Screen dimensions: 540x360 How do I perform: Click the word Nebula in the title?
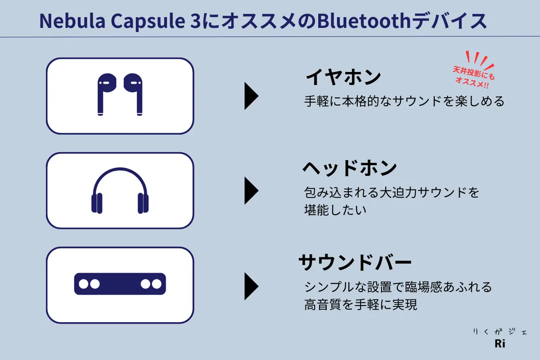click(x=72, y=21)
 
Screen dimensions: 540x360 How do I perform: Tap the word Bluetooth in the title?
click(x=364, y=21)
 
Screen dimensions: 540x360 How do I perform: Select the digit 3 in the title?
click(x=195, y=21)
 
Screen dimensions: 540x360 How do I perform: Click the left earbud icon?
click(x=106, y=94)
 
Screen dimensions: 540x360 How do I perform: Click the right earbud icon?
click(x=133, y=94)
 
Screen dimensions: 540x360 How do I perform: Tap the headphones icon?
click(x=120, y=190)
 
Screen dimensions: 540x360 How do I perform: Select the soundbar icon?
click(x=120, y=284)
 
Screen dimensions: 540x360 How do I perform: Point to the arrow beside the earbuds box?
click(x=251, y=96)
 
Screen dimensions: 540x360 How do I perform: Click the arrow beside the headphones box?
click(x=251, y=190)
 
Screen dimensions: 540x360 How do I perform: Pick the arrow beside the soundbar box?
click(x=251, y=286)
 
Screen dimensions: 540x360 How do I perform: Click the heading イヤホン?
click(x=343, y=76)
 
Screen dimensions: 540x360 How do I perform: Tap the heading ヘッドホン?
click(x=350, y=168)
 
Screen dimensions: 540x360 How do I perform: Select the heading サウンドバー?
click(x=355, y=262)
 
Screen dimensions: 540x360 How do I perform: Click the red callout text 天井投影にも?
click(x=474, y=73)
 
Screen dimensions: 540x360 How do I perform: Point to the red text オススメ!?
click(x=472, y=83)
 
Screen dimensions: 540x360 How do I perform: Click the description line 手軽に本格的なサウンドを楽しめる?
click(x=404, y=101)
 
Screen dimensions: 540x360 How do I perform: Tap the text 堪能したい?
click(x=335, y=210)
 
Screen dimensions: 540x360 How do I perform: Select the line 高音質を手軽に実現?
click(x=360, y=305)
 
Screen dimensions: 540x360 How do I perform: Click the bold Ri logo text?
click(x=500, y=344)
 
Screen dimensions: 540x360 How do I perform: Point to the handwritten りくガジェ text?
click(x=500, y=332)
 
